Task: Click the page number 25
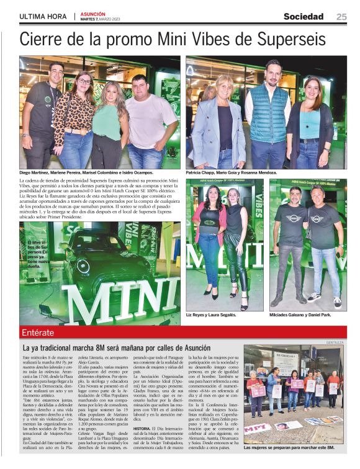341,17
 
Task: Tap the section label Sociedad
304,17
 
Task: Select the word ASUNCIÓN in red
93,14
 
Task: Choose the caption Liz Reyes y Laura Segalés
212,315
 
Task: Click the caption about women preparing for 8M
289,447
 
